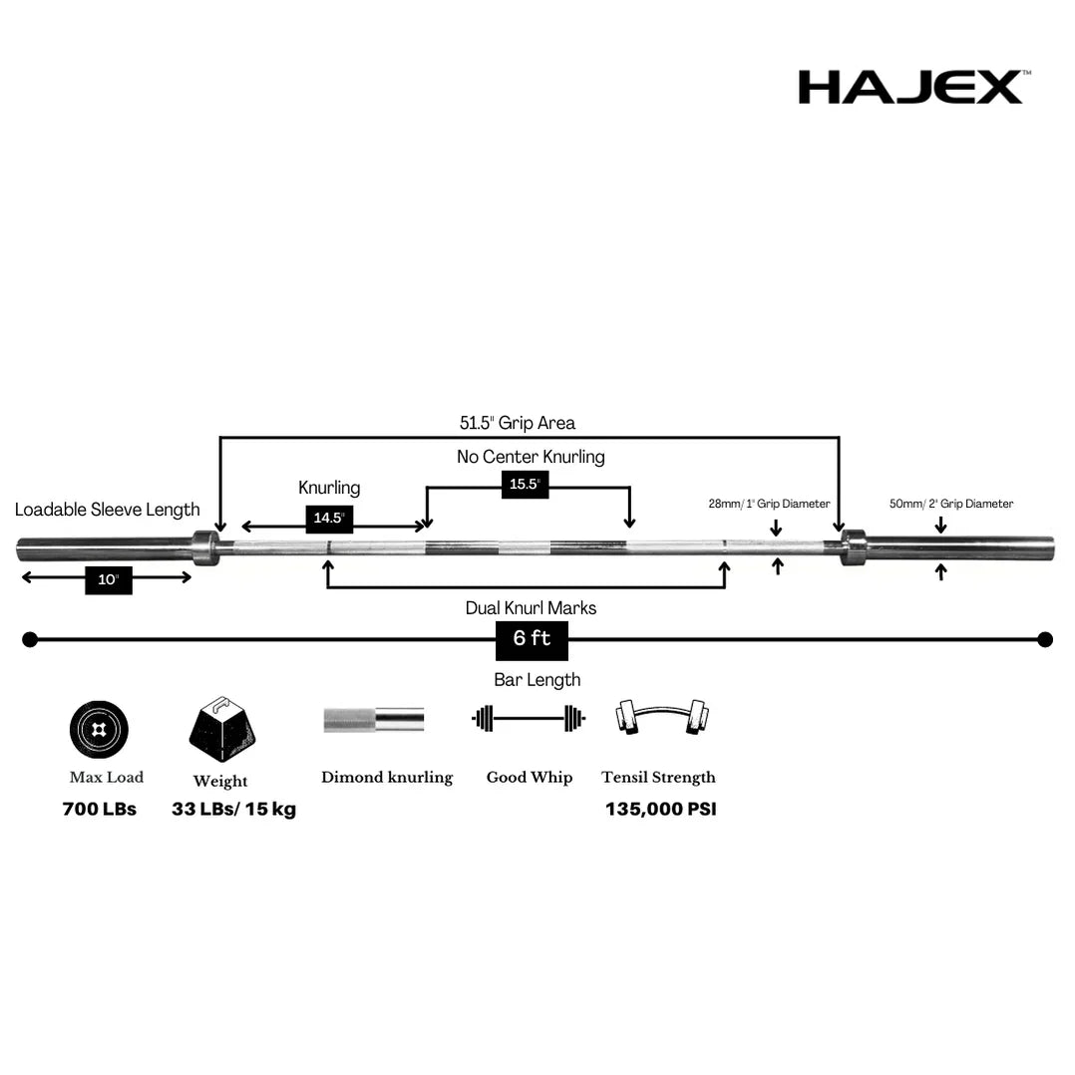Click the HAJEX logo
point(909,87)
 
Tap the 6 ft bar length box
point(532,639)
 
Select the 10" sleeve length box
point(109,579)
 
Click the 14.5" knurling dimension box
point(329,519)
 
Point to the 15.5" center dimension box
point(525,484)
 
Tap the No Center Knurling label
point(531,457)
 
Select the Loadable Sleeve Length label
point(108,510)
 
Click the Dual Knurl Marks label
point(531,607)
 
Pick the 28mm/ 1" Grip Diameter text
point(769,504)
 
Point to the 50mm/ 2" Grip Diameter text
point(951,504)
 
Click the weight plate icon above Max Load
point(99,730)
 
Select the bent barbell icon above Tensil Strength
point(658,718)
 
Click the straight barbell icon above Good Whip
point(529,718)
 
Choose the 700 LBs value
point(100,809)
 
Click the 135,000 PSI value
point(660,809)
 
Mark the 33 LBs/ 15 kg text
point(233,809)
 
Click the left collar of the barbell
point(206,546)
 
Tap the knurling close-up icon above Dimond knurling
point(373,719)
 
